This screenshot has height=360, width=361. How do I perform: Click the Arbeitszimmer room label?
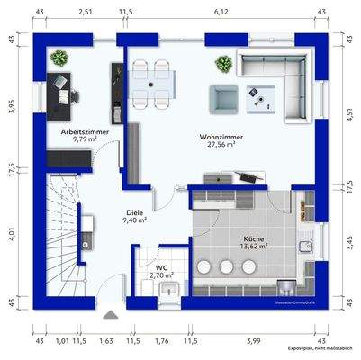78,131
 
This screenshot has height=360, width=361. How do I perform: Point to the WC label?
162,267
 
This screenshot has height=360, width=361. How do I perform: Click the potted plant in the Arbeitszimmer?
60,58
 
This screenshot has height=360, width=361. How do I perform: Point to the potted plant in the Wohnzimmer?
222,64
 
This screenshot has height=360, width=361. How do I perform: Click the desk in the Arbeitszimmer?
68,90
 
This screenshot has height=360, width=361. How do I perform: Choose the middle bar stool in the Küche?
224,266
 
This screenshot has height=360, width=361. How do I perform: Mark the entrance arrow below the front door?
110,314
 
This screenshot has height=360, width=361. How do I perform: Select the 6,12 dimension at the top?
221,13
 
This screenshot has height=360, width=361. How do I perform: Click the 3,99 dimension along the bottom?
255,340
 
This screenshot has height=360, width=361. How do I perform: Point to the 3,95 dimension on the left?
12,105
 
